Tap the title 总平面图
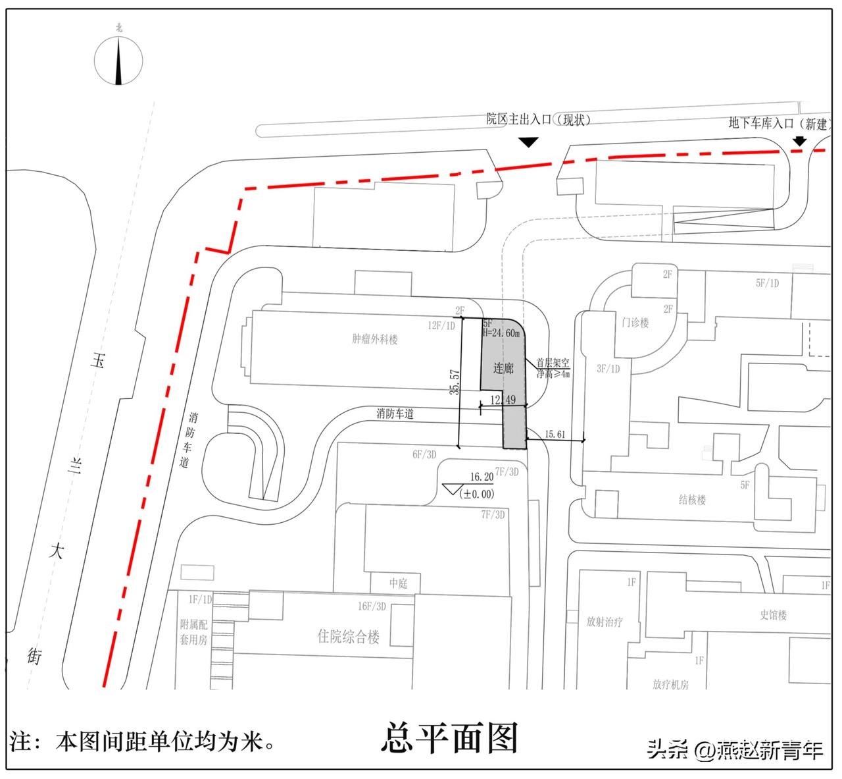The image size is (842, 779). click(x=450, y=739)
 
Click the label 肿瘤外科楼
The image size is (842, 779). click(x=375, y=340)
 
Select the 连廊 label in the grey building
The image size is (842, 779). click(x=503, y=368)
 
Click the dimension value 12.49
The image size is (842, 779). click(x=503, y=400)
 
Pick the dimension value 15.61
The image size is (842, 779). click(x=555, y=434)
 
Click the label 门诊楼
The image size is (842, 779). click(x=635, y=323)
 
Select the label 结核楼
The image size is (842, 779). click(x=692, y=500)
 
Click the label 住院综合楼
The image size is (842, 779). click(x=349, y=637)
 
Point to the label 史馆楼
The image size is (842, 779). click(x=774, y=615)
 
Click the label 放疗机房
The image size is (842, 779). click(x=670, y=685)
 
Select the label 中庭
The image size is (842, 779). click(x=399, y=583)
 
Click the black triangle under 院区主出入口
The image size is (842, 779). click(x=529, y=142)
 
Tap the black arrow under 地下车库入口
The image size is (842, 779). click(x=799, y=141)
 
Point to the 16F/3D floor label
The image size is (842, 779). click(x=372, y=606)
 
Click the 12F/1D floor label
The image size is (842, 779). click(x=441, y=325)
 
